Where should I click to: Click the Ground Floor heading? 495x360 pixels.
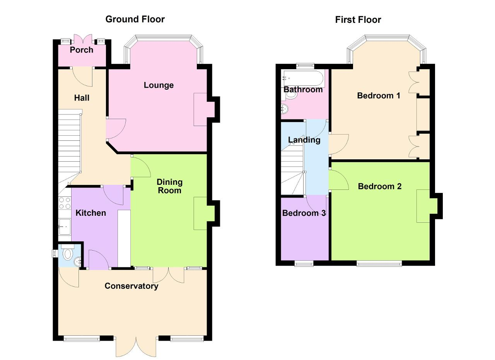[135, 19]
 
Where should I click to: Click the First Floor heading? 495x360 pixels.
[358, 20]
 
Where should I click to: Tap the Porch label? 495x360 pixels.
[82, 50]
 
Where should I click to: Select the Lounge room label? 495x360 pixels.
[159, 85]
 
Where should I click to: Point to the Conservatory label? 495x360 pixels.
[131, 286]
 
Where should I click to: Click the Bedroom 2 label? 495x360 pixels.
[380, 186]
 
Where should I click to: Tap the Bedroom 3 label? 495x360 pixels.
[304, 213]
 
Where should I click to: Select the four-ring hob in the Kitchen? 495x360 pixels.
[65, 203]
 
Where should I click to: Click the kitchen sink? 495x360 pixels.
[65, 227]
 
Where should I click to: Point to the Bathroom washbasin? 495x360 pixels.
[285, 109]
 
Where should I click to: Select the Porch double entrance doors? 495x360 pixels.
[83, 39]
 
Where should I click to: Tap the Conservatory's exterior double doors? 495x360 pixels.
[136, 346]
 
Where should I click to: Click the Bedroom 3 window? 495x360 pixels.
[304, 263]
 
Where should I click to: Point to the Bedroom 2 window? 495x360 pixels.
[379, 263]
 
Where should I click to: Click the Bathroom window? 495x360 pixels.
[305, 66]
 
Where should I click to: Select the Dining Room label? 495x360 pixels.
[169, 186]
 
